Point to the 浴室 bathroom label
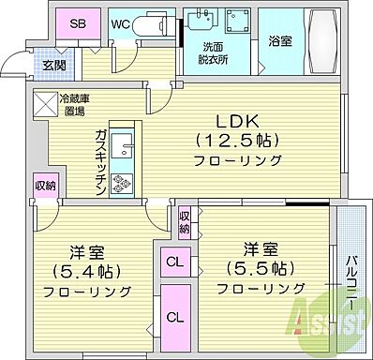pos(279,40)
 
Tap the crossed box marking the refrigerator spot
pos(45,103)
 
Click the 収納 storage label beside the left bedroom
pos(45,185)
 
